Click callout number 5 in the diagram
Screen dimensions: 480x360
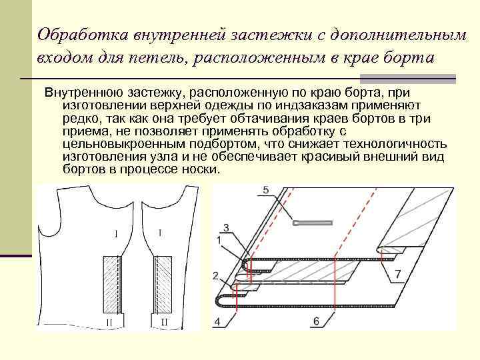(266, 191)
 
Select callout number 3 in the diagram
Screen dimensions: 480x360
(227, 228)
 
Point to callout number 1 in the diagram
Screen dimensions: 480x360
(219, 239)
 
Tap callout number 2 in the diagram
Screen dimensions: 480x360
(215, 275)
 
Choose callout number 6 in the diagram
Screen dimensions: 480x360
(316, 321)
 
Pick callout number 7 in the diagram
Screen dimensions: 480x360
(397, 274)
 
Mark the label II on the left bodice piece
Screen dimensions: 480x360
(109, 322)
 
